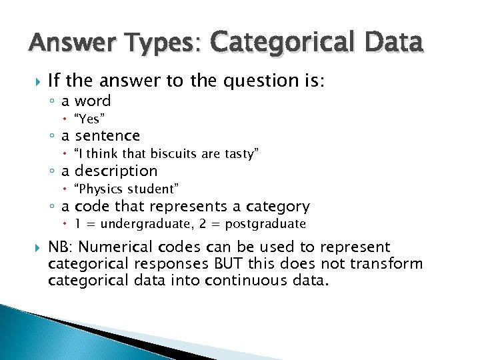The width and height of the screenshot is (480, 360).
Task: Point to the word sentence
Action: tap(107, 136)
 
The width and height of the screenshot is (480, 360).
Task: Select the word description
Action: tap(116, 171)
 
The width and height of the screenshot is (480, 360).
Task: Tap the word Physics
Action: tap(101, 189)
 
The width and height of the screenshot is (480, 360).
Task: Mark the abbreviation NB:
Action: tap(61, 247)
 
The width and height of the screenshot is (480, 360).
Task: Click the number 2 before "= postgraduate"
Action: tap(207, 224)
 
